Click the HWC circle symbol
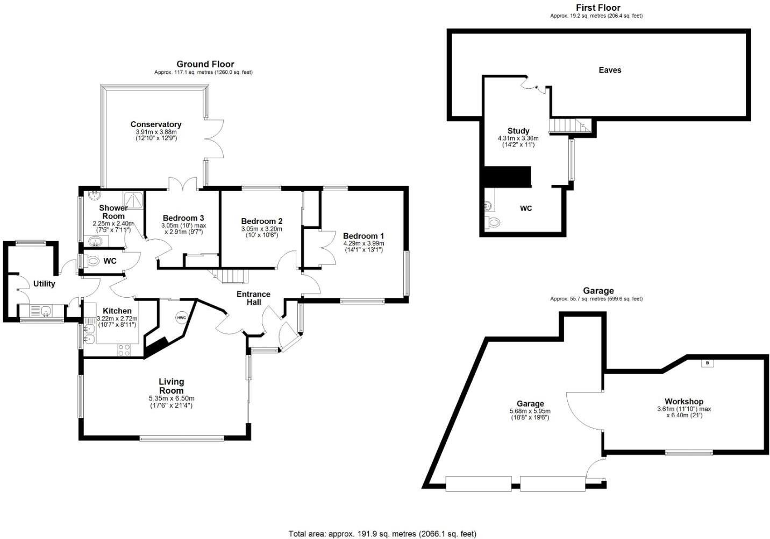click(181, 318)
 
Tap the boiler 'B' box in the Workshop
click(707, 363)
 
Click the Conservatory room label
click(156, 124)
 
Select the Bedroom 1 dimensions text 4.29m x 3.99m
click(364, 243)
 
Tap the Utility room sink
click(41, 311)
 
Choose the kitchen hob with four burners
click(124, 349)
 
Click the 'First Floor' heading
click(597, 8)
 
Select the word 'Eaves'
click(610, 70)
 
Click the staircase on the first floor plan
click(569, 126)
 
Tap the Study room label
click(518, 131)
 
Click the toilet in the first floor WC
click(493, 222)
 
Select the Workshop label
click(683, 402)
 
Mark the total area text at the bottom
click(382, 534)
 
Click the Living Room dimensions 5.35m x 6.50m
click(172, 398)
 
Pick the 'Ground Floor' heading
click(205, 64)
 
